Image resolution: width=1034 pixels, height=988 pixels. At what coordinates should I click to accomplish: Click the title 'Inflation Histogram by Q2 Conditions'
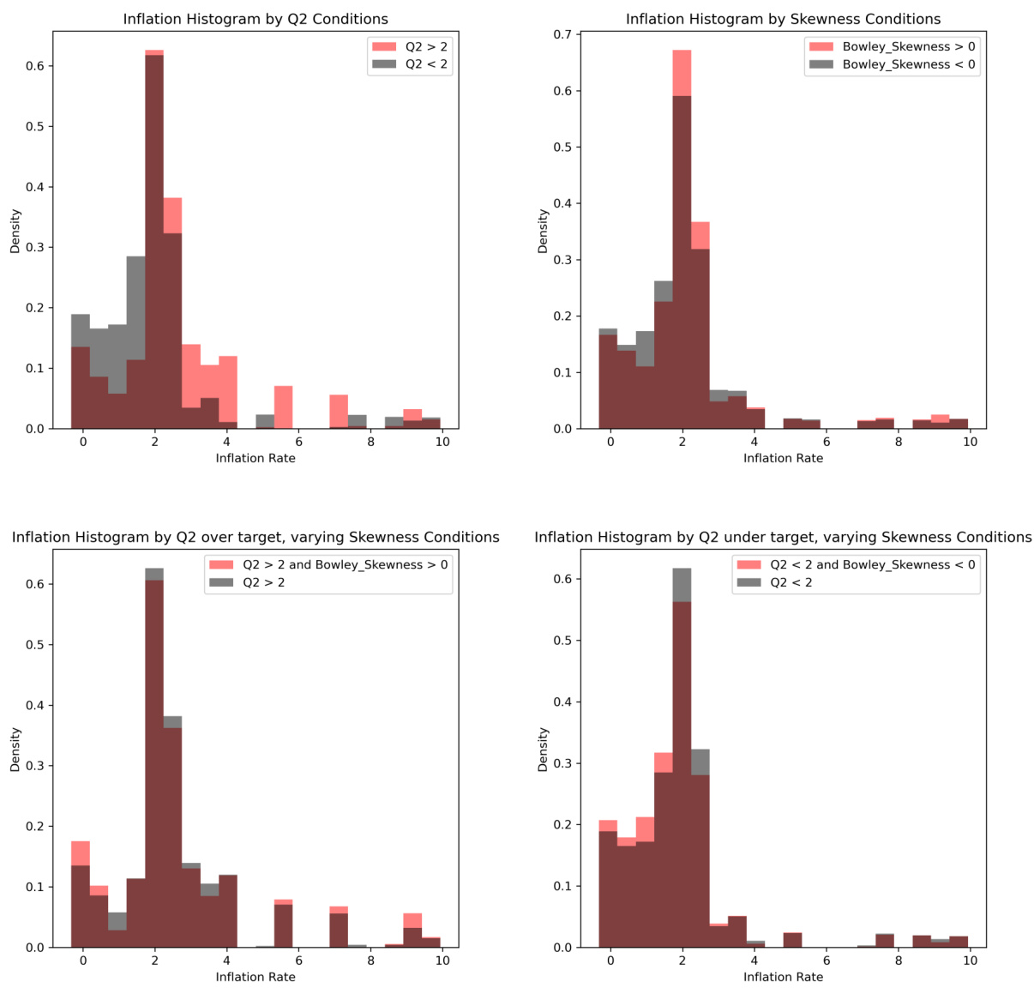click(x=255, y=19)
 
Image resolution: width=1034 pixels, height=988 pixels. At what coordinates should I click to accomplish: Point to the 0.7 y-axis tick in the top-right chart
click(x=562, y=35)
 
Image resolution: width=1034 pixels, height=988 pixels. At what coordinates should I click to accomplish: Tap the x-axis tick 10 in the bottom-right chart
click(x=970, y=961)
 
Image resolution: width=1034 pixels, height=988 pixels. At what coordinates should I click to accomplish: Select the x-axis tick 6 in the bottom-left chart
click(x=298, y=961)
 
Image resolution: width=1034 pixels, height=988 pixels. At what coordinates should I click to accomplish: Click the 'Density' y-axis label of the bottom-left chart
click(x=15, y=749)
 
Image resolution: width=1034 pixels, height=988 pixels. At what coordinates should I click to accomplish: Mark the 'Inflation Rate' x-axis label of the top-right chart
click(x=783, y=458)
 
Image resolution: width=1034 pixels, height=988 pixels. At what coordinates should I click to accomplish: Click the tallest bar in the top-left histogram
click(x=154, y=240)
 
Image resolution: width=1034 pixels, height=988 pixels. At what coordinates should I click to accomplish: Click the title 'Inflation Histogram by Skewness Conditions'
click(x=783, y=19)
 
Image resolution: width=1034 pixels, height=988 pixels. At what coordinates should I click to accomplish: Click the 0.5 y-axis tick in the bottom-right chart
click(x=562, y=641)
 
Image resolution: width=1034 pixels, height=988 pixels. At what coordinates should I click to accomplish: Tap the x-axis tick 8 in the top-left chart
click(x=370, y=443)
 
